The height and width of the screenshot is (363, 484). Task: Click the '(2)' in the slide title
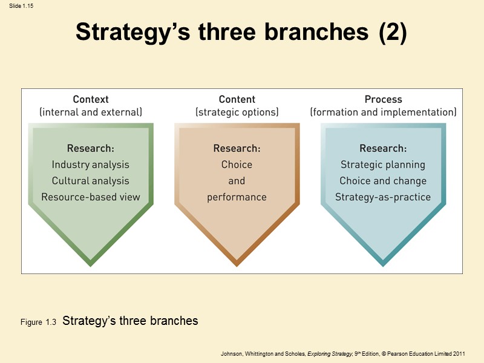(x=393, y=32)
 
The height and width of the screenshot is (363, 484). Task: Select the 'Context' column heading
(x=91, y=99)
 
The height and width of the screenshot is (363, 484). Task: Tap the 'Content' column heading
(x=237, y=99)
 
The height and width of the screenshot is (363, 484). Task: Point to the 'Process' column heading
(x=383, y=99)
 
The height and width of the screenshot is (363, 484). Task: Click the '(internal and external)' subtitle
(x=91, y=112)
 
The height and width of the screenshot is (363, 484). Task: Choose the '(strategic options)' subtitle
(x=237, y=112)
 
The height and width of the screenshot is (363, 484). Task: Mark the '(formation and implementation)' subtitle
(x=383, y=112)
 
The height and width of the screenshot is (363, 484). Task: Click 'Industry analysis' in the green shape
(x=91, y=165)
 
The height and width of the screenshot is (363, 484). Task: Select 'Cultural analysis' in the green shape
(x=91, y=181)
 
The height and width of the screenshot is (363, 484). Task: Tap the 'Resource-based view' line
(x=91, y=197)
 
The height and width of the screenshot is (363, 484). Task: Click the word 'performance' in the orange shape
(x=237, y=197)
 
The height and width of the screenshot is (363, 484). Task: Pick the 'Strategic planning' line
(x=383, y=165)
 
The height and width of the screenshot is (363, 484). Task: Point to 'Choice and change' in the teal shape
(x=383, y=181)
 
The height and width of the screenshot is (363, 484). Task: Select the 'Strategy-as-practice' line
(x=383, y=197)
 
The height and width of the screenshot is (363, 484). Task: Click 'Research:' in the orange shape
(x=237, y=148)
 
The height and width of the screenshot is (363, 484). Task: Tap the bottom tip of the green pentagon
(x=91, y=264)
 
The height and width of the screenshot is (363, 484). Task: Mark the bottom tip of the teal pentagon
(x=383, y=264)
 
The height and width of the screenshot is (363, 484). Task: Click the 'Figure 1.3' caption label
(x=38, y=323)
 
